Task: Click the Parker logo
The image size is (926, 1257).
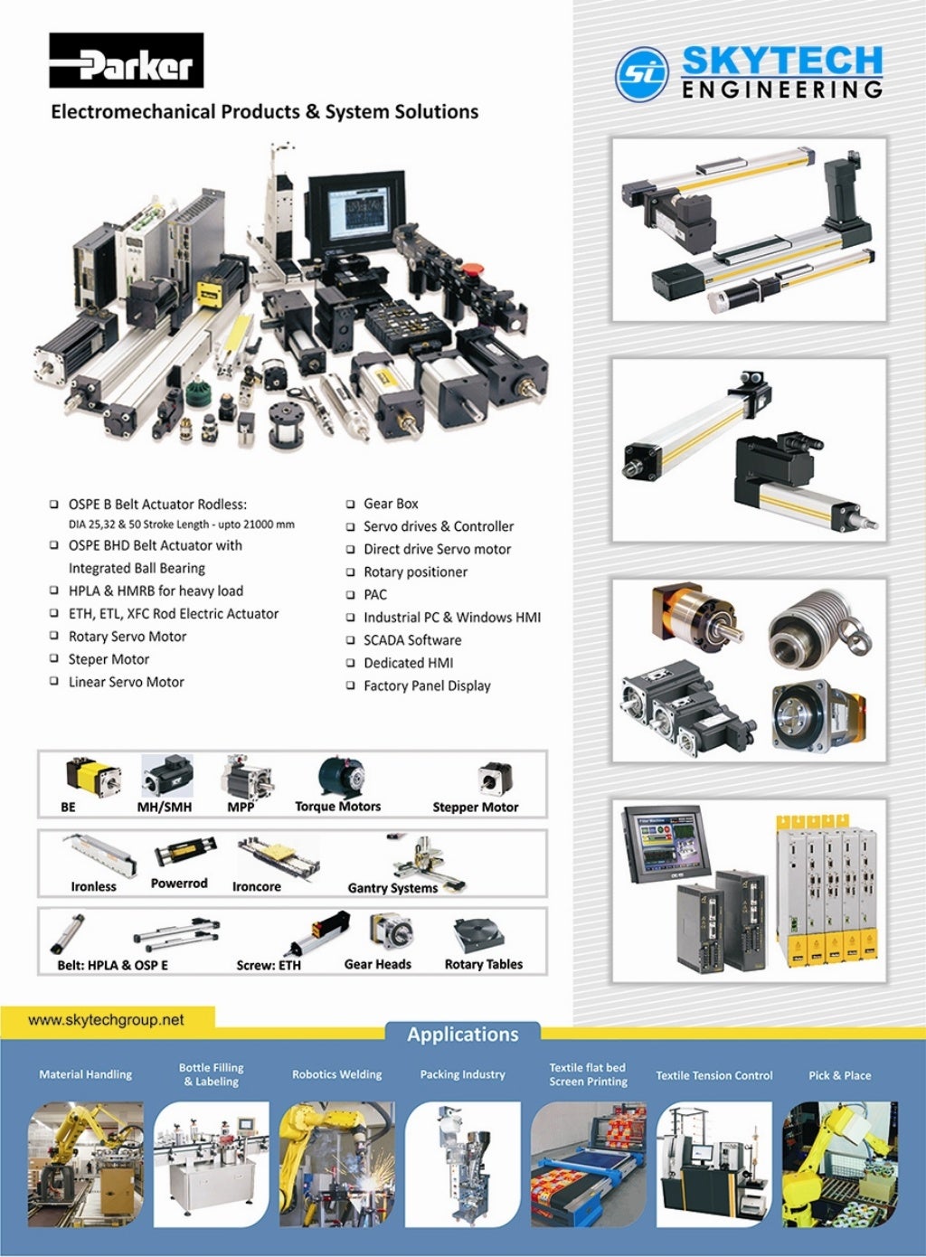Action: click(x=127, y=61)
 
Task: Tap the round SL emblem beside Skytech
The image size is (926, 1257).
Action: click(x=642, y=74)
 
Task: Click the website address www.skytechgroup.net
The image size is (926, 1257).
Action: click(x=106, y=1020)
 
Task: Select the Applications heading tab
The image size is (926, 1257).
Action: click(x=462, y=1035)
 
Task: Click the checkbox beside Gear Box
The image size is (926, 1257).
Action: click(x=351, y=505)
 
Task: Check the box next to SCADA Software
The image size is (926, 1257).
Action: click(x=351, y=640)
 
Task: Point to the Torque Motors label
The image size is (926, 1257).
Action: click(x=337, y=807)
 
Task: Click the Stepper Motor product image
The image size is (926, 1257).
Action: click(x=495, y=779)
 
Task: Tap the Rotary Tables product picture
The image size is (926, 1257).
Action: click(x=481, y=936)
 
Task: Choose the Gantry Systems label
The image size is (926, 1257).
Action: click(x=392, y=888)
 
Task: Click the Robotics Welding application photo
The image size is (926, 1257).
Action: click(x=336, y=1163)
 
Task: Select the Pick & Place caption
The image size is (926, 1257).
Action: click(x=839, y=1075)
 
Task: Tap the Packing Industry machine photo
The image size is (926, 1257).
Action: click(x=462, y=1163)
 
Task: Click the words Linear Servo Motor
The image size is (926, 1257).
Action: click(x=127, y=682)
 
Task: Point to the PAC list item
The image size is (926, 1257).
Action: click(x=375, y=595)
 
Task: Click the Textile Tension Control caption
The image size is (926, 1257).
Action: click(x=713, y=1075)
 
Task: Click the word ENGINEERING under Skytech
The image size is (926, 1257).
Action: click(x=782, y=90)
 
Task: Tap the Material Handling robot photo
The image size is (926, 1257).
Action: click(x=86, y=1163)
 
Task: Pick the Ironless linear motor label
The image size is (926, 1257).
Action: click(x=93, y=887)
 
